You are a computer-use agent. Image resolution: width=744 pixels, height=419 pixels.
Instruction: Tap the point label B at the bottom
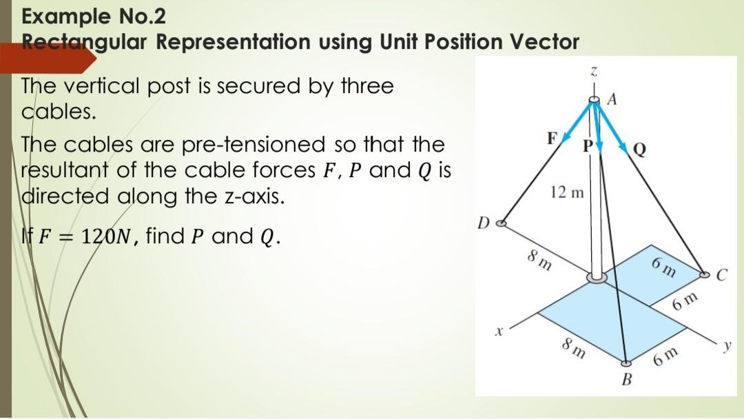tap(627, 380)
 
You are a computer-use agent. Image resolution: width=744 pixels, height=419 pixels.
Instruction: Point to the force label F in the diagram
tap(551, 137)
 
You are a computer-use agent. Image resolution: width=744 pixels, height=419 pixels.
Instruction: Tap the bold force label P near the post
tap(588, 146)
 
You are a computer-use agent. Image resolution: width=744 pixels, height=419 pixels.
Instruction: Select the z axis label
tap(594, 72)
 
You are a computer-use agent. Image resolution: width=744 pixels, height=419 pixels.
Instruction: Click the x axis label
tap(495, 331)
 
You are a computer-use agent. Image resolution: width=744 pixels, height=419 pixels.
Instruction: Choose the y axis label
tap(725, 345)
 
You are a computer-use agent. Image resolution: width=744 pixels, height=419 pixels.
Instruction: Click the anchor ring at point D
tap(502, 223)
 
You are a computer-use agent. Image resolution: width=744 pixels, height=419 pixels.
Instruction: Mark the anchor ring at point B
tap(626, 363)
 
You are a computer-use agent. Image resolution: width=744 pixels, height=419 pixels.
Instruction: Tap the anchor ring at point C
tap(704, 274)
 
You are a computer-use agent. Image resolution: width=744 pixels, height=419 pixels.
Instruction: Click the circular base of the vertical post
tap(597, 278)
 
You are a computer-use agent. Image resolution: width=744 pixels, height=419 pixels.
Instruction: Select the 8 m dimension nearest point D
tap(539, 263)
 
